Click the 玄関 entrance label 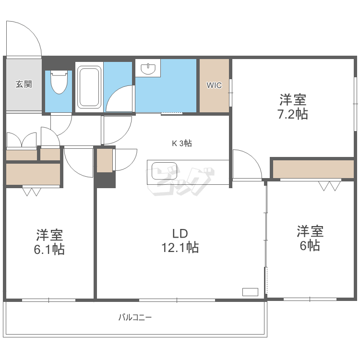[x=24, y=84]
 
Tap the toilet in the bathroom [x=58, y=82]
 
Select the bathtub [x=89, y=86]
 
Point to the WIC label [x=214, y=85]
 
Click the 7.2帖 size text [x=294, y=114]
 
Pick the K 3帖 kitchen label [x=182, y=143]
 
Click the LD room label [x=180, y=233]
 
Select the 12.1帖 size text [x=180, y=248]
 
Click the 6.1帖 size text [x=50, y=250]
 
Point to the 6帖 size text [x=310, y=245]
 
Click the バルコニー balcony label [x=135, y=317]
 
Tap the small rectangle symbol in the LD [x=250, y=291]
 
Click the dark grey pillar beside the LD [x=105, y=180]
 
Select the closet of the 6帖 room [x=313, y=169]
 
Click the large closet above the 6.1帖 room [x=33, y=174]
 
